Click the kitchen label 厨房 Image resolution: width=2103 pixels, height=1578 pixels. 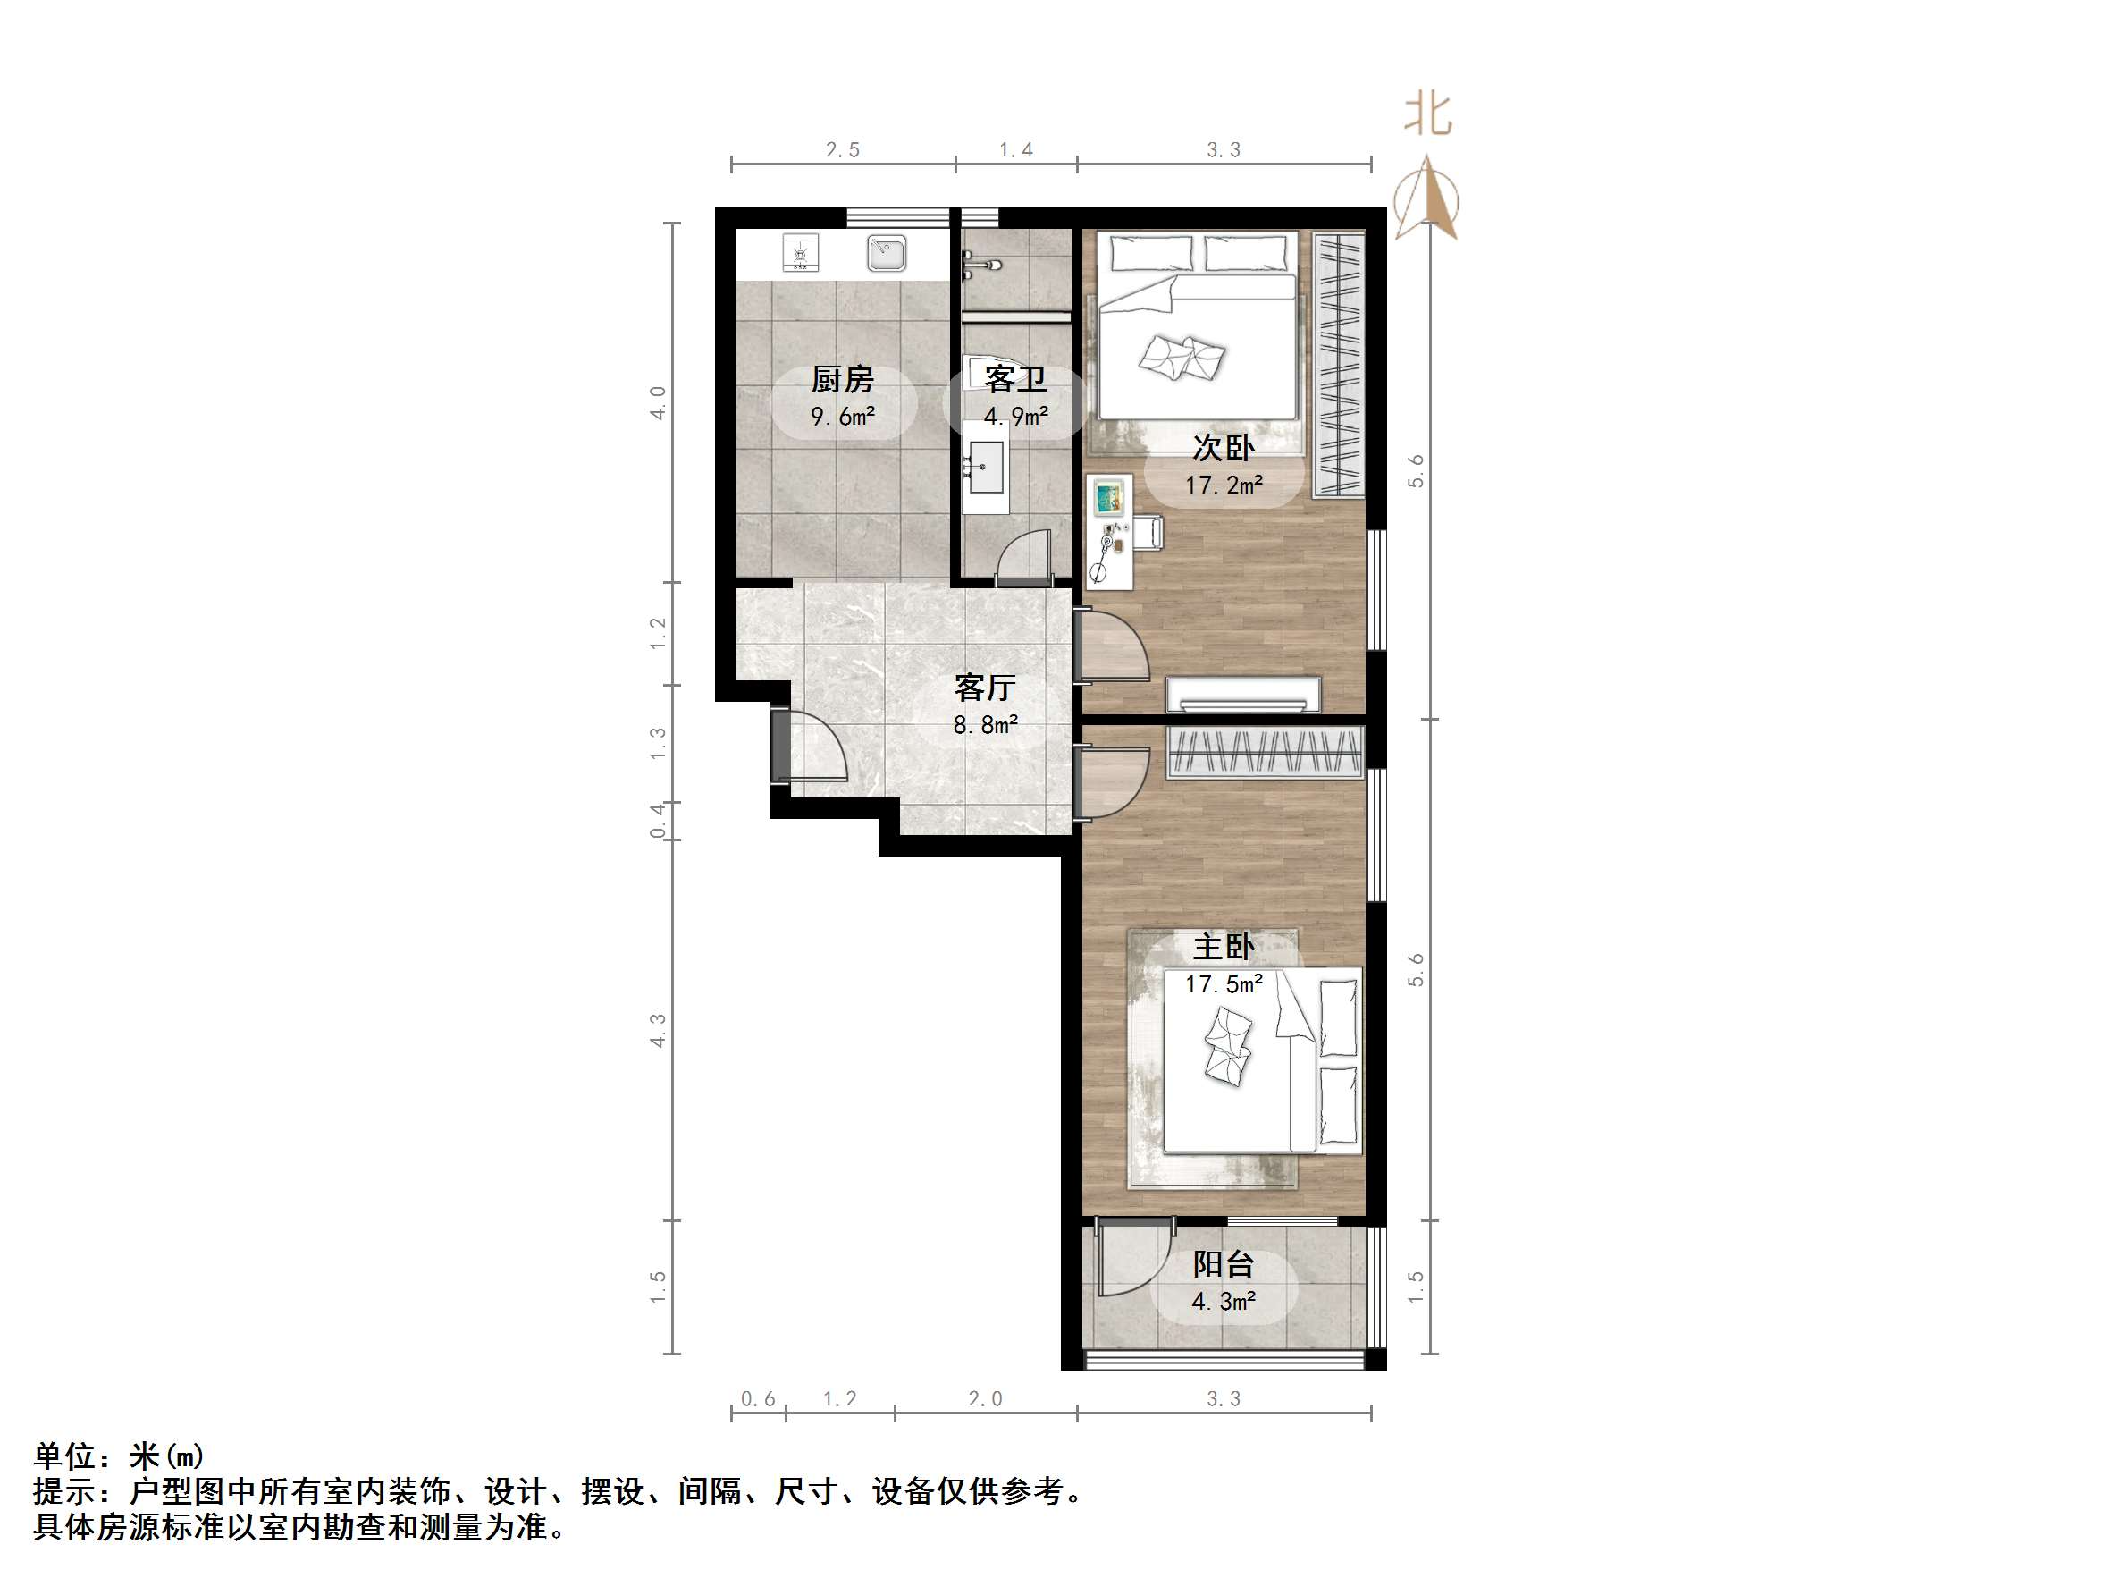coord(842,379)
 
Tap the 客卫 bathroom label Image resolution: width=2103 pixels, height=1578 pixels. coord(1015,379)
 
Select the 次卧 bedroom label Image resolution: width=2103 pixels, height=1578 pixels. coord(1223,447)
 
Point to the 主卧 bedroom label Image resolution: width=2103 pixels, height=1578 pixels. coord(1224,947)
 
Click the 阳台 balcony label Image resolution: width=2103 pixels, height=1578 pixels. coord(1224,1264)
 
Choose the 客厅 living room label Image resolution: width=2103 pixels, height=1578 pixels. coord(985,687)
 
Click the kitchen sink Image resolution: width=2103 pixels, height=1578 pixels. coord(886,254)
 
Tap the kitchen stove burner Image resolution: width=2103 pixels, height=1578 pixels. coord(800,253)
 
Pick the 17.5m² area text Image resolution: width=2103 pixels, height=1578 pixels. coord(1224,983)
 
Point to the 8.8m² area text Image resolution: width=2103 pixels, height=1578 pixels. coord(985,725)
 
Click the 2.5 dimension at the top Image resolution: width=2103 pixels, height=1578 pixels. coord(842,149)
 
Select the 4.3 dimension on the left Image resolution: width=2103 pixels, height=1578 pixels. coord(658,1030)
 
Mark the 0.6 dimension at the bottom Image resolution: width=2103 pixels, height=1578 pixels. coord(758,1398)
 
